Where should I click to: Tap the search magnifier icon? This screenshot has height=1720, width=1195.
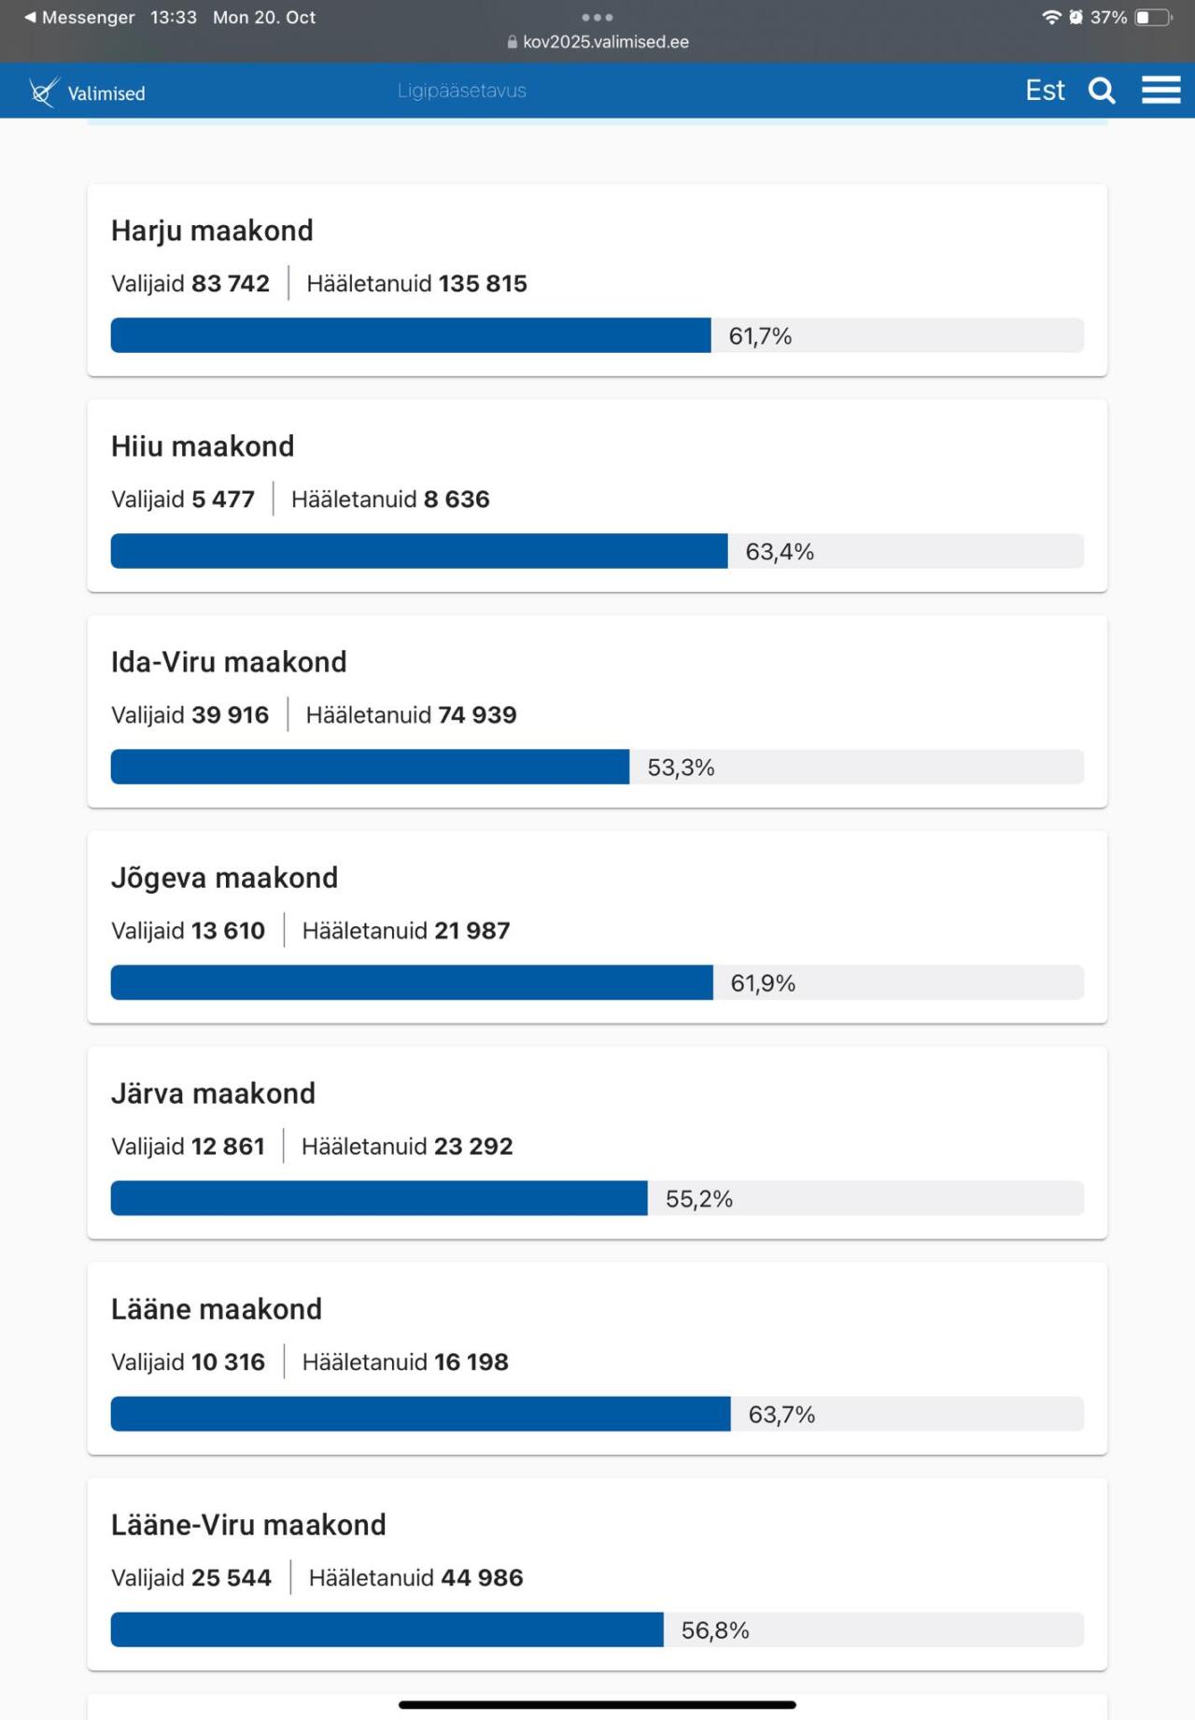(1102, 91)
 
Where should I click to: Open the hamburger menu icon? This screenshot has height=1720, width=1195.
(1160, 91)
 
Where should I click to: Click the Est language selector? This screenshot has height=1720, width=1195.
(1045, 91)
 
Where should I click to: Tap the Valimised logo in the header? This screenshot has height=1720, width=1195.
(87, 92)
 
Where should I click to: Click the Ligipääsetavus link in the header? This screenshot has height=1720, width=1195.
(461, 91)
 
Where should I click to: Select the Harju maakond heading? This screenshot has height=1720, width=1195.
(212, 231)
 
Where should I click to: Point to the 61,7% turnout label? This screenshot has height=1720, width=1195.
(760, 336)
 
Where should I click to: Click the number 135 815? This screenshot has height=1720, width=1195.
(483, 284)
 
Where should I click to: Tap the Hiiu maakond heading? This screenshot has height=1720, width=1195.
(203, 446)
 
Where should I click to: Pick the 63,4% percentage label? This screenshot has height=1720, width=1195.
(780, 552)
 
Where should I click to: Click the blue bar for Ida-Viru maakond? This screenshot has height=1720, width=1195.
(370, 767)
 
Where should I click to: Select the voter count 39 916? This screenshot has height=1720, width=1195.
(230, 715)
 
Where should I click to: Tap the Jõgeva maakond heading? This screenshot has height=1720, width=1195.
(224, 878)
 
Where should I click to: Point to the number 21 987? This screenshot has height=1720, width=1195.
(471, 931)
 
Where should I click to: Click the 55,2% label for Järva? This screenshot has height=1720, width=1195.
(698, 1199)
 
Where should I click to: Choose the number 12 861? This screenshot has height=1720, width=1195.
(228, 1147)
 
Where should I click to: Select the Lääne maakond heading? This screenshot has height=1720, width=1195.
(217, 1309)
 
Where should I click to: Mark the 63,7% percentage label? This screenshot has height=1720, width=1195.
(781, 1415)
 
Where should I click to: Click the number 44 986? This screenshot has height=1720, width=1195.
(482, 1578)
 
